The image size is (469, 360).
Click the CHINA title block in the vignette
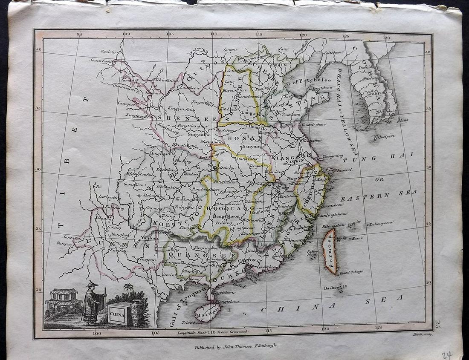click(x=117, y=315)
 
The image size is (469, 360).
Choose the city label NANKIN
click(x=296, y=162)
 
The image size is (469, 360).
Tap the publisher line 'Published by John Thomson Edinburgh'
click(x=236, y=347)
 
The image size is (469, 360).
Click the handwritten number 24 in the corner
click(x=446, y=355)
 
